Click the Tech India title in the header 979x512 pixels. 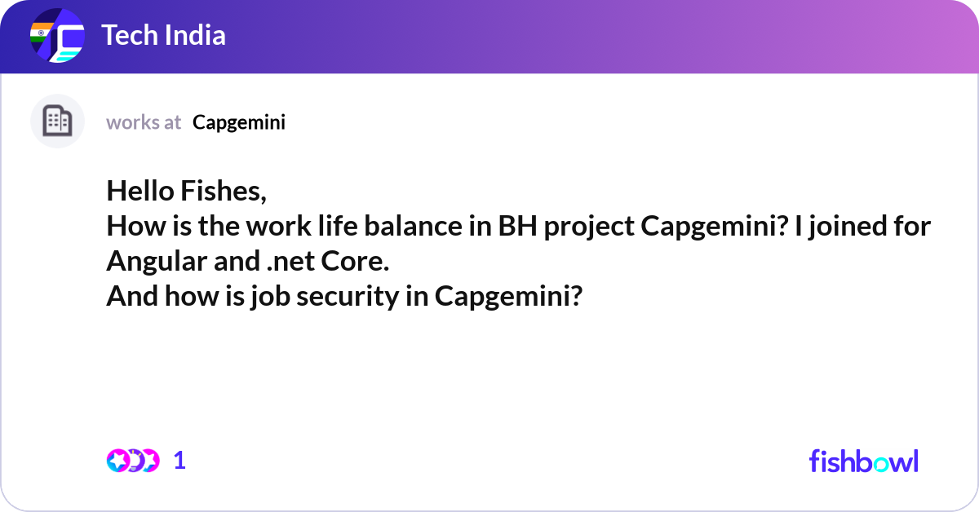point(163,36)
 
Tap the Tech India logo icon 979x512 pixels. point(57,36)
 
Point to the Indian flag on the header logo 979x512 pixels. point(38,32)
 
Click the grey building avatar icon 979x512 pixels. point(57,121)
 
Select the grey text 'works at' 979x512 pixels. point(144,122)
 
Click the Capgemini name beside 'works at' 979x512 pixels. point(239,122)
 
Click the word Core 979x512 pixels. point(358,262)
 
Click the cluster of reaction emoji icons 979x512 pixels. point(132,461)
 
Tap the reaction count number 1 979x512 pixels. point(179,461)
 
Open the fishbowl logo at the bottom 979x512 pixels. point(863,461)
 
